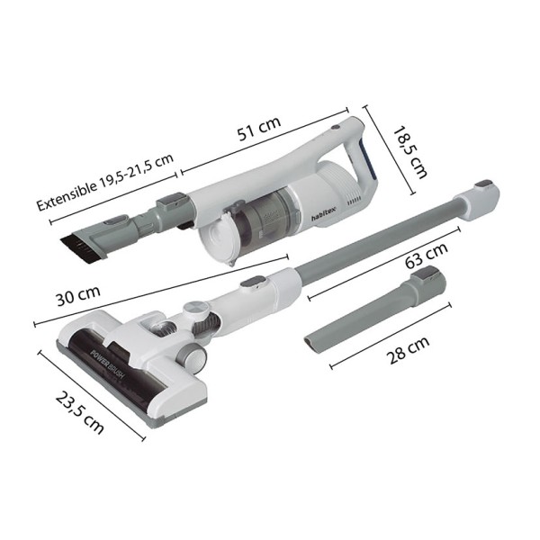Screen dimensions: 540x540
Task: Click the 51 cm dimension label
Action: point(259,128)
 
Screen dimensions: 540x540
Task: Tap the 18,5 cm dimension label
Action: point(410,152)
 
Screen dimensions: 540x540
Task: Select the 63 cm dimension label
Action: point(427,256)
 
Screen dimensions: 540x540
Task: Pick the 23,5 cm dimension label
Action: point(79,412)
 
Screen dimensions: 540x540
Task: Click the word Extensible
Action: point(67,194)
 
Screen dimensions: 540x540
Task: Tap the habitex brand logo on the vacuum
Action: point(326,213)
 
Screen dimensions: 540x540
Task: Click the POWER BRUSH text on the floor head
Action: point(107,364)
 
